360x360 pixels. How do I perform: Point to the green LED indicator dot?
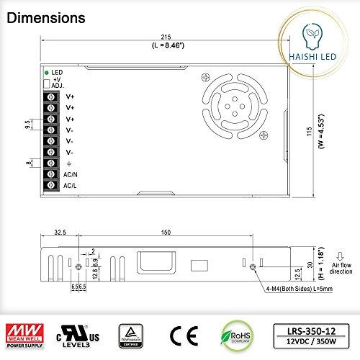pyautogui.click(x=47, y=73)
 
